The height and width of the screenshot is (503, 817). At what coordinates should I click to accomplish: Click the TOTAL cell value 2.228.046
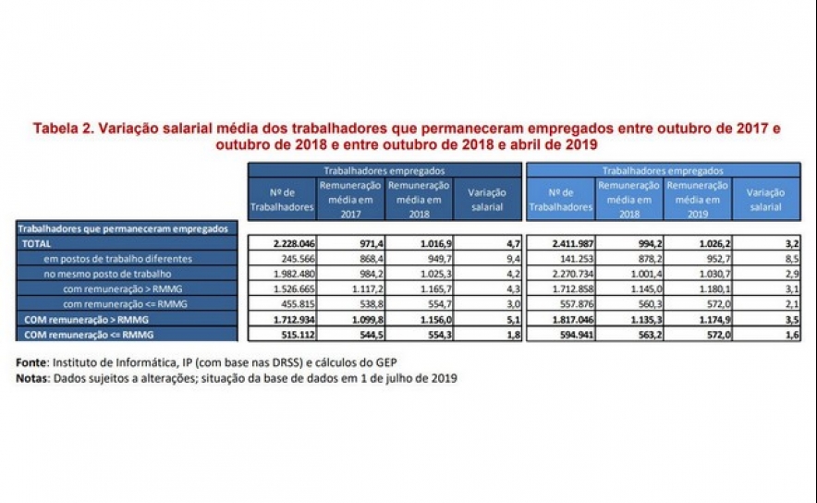(x=292, y=242)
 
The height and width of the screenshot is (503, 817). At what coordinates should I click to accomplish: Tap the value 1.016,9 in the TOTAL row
(x=428, y=242)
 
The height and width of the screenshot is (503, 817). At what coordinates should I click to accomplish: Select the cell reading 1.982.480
(x=292, y=274)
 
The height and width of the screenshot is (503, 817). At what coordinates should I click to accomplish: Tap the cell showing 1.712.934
(x=292, y=319)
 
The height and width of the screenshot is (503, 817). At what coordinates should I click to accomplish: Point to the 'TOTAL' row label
(x=37, y=242)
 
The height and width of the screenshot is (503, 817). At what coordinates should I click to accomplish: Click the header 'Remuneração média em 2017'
(x=350, y=199)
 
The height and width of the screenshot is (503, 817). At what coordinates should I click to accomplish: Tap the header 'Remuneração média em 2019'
(x=698, y=199)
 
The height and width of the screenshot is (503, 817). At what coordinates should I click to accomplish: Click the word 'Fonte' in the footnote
(x=33, y=361)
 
